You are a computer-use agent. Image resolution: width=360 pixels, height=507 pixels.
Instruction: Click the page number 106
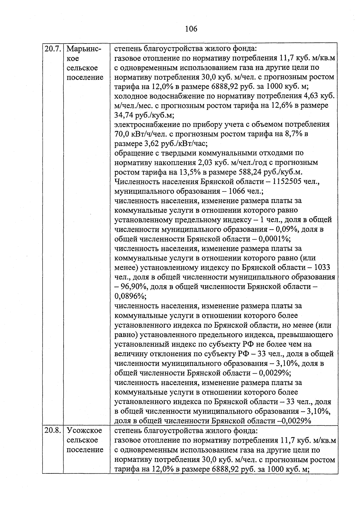coord(191,29)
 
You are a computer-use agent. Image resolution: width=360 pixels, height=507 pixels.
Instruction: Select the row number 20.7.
coord(53,49)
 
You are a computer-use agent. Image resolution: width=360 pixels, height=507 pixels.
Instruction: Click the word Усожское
coord(84,431)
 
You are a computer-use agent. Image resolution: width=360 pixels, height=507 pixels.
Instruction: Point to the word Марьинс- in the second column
coord(84,49)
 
